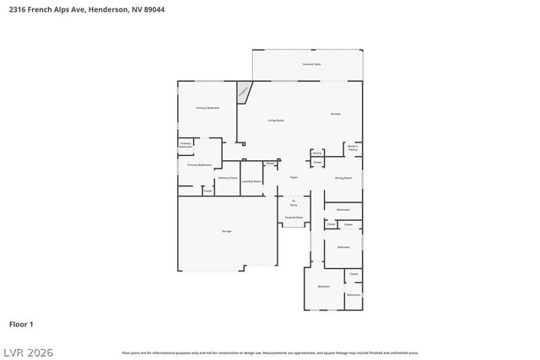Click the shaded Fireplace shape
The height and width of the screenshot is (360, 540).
[243, 92]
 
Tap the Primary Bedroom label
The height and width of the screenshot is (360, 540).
[208, 108]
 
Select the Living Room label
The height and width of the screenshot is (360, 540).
[276, 121]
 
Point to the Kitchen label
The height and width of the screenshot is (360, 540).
[335, 114]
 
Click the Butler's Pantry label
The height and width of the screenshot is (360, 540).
[353, 148]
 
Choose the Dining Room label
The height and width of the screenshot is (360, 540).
[343, 178]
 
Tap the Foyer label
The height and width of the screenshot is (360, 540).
[294, 177]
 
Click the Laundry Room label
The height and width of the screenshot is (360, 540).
[251, 181]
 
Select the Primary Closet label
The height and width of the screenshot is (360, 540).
[228, 178]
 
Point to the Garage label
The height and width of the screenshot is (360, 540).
[226, 231]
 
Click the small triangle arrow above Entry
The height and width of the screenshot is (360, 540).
[294, 199]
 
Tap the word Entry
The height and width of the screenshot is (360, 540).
[294, 205]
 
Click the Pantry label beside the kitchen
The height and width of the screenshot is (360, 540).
[316, 153]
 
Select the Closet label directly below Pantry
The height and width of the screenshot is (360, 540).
[317, 162]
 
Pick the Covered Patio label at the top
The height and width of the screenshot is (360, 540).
[311, 64]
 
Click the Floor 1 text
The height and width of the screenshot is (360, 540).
[20, 324]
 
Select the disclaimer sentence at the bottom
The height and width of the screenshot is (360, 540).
[269, 352]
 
